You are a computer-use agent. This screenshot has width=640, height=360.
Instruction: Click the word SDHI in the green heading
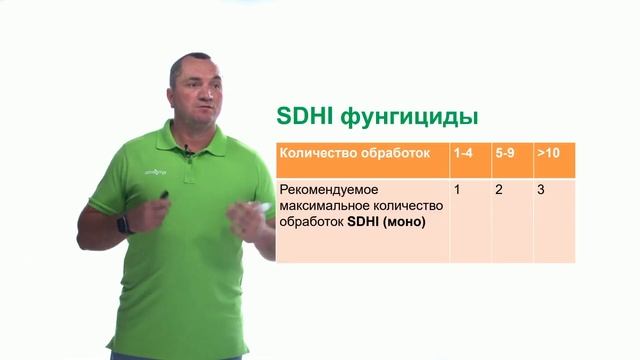click(x=306, y=118)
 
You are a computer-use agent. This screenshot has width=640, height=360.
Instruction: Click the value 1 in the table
click(x=457, y=189)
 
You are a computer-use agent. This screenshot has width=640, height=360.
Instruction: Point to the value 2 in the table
click(x=499, y=189)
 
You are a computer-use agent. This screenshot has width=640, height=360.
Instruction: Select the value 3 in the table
click(x=541, y=189)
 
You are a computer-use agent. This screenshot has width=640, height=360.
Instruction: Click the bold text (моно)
click(x=401, y=222)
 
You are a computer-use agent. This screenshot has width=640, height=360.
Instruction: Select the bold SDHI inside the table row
click(x=360, y=222)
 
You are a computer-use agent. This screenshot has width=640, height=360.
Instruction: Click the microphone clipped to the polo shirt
click(x=187, y=152)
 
